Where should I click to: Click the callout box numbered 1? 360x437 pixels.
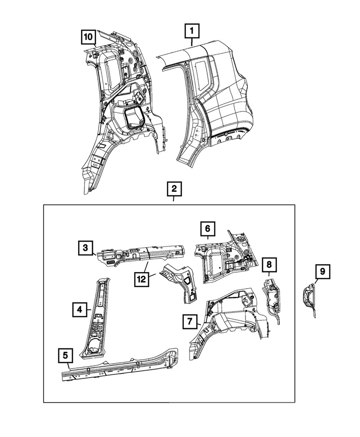coord(192,31)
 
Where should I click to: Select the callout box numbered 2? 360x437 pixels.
coord(174,189)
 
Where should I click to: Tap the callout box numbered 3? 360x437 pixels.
coord(86,247)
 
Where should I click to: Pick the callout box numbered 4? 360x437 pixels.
coord(80,309)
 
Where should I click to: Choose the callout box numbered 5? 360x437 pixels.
coord(66,355)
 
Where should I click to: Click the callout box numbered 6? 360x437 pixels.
coord(208,229)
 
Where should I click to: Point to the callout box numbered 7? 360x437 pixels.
coord(190,322)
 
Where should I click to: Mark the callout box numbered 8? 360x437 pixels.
coord(269,264)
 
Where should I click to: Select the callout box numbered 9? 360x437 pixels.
coord(322,271)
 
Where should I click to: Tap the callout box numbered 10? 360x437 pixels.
coord(88,37)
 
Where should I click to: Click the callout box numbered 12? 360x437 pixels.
coord(142,279)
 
